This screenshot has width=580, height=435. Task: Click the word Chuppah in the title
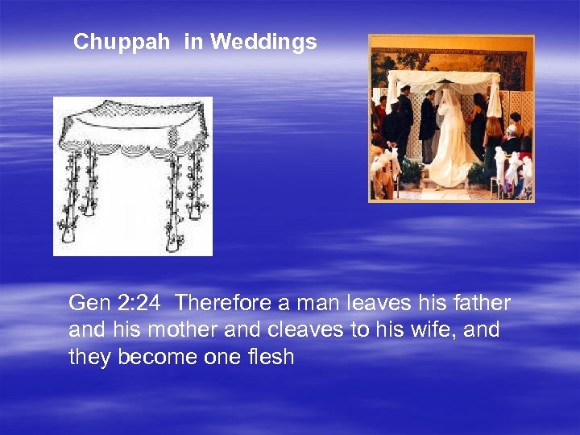[122, 43]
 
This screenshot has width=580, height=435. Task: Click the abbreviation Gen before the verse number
[87, 303]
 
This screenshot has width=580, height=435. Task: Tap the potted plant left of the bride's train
[412, 169]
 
